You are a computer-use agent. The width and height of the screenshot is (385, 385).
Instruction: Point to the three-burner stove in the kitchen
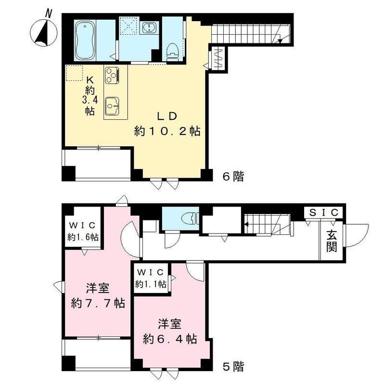(x=112, y=75)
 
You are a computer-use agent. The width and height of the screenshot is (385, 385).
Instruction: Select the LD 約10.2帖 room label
(x=167, y=124)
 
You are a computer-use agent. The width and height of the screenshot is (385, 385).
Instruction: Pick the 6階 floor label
(x=233, y=177)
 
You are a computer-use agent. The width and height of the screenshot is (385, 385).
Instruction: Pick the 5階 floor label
(x=233, y=367)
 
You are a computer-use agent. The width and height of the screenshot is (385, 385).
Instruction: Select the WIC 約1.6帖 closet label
(x=83, y=231)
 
